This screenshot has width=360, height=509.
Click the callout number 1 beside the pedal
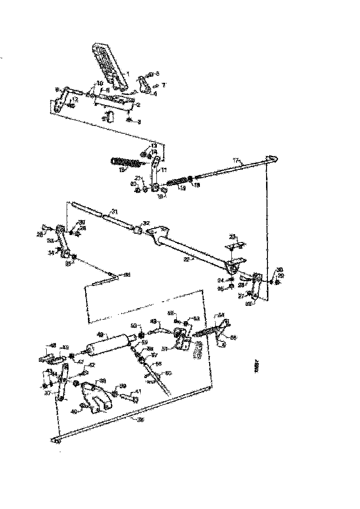click(128, 74)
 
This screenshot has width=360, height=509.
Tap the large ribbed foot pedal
click(109, 65)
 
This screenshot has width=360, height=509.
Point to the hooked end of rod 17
click(274, 158)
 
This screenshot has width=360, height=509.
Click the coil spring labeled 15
click(125, 162)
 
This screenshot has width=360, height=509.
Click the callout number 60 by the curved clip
click(168, 373)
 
